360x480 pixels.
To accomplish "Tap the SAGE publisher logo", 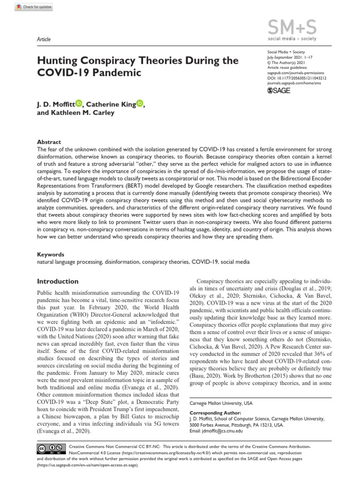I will [278, 90].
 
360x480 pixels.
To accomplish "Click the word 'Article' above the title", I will [44, 39].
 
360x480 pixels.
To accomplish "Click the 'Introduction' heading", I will [58, 281].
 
